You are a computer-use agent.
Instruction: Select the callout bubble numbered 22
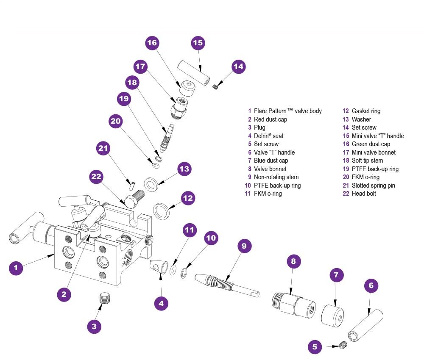(x=97, y=177)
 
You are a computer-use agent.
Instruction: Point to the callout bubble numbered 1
(x=16, y=268)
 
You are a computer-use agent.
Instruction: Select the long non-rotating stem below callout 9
(x=227, y=285)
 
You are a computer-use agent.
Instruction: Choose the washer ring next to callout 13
(x=151, y=184)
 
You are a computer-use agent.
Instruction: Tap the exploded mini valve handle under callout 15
(x=193, y=72)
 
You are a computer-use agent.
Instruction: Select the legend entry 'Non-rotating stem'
(x=276, y=177)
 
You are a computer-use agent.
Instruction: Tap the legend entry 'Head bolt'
(x=364, y=194)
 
